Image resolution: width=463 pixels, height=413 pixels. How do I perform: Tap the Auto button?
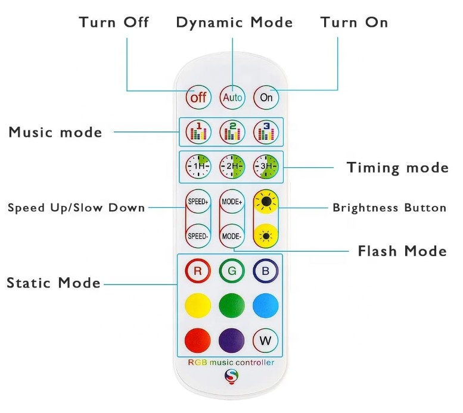pyautogui.click(x=232, y=96)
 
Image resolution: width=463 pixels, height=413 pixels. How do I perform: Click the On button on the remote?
pyautogui.click(x=266, y=96)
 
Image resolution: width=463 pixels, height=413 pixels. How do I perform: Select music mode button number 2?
pyautogui.click(x=232, y=132)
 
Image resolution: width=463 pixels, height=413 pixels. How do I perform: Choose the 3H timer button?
pyautogui.click(x=266, y=166)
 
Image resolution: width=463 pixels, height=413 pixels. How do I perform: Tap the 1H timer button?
pyautogui.click(x=198, y=166)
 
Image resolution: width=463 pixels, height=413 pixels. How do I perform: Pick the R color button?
pyautogui.click(x=198, y=271)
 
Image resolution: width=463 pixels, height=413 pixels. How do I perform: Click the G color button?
pyautogui.click(x=232, y=271)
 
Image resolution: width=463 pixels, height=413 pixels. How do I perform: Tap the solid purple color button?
pyautogui.click(x=232, y=340)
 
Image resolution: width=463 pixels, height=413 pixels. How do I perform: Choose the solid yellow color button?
pyautogui.click(x=198, y=306)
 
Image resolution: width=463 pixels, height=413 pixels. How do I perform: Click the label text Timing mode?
pyautogui.click(x=397, y=168)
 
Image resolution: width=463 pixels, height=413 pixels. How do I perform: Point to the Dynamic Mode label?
pyautogui.click(x=234, y=23)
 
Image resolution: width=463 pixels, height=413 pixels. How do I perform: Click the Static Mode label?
pyautogui.click(x=54, y=283)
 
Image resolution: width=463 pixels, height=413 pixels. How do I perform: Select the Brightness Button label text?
pyautogui.click(x=389, y=208)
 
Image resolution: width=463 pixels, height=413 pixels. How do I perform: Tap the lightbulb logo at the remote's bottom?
pyautogui.click(x=231, y=377)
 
